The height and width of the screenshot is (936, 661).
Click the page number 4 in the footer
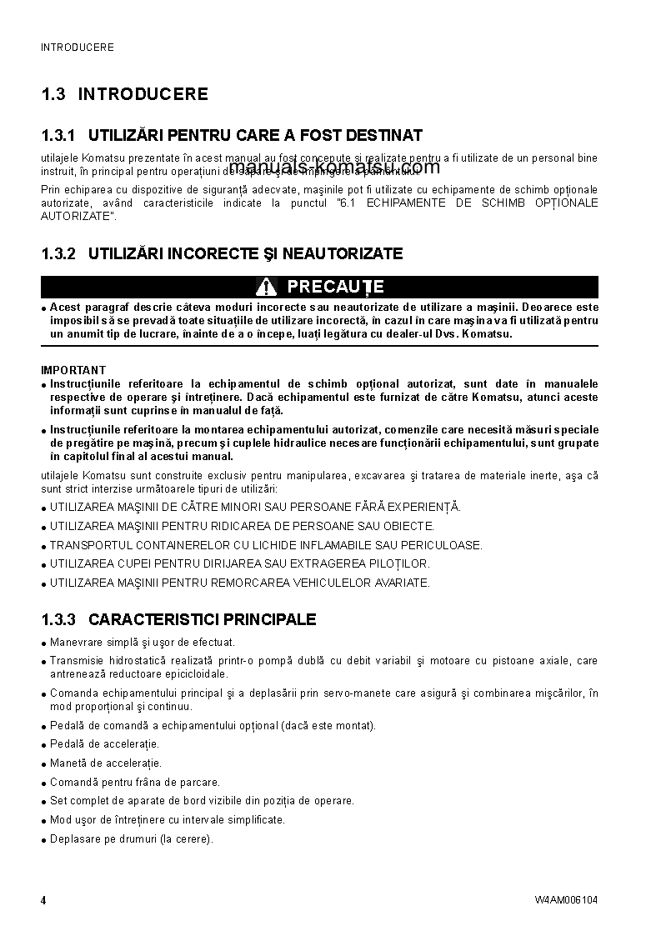[43, 900]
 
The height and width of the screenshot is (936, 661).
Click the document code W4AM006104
[566, 900]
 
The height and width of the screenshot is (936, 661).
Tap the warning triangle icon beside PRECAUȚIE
[266, 287]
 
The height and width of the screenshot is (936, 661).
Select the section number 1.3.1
[58, 135]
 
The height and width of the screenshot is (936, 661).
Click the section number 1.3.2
[58, 253]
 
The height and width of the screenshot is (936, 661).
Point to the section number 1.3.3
[58, 619]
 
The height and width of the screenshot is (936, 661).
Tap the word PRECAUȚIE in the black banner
[335, 287]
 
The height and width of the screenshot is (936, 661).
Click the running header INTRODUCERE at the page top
[78, 48]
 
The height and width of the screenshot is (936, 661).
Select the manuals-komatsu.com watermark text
[322, 168]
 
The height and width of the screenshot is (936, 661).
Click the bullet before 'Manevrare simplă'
[43, 643]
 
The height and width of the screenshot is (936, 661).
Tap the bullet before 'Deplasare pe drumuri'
[43, 840]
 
